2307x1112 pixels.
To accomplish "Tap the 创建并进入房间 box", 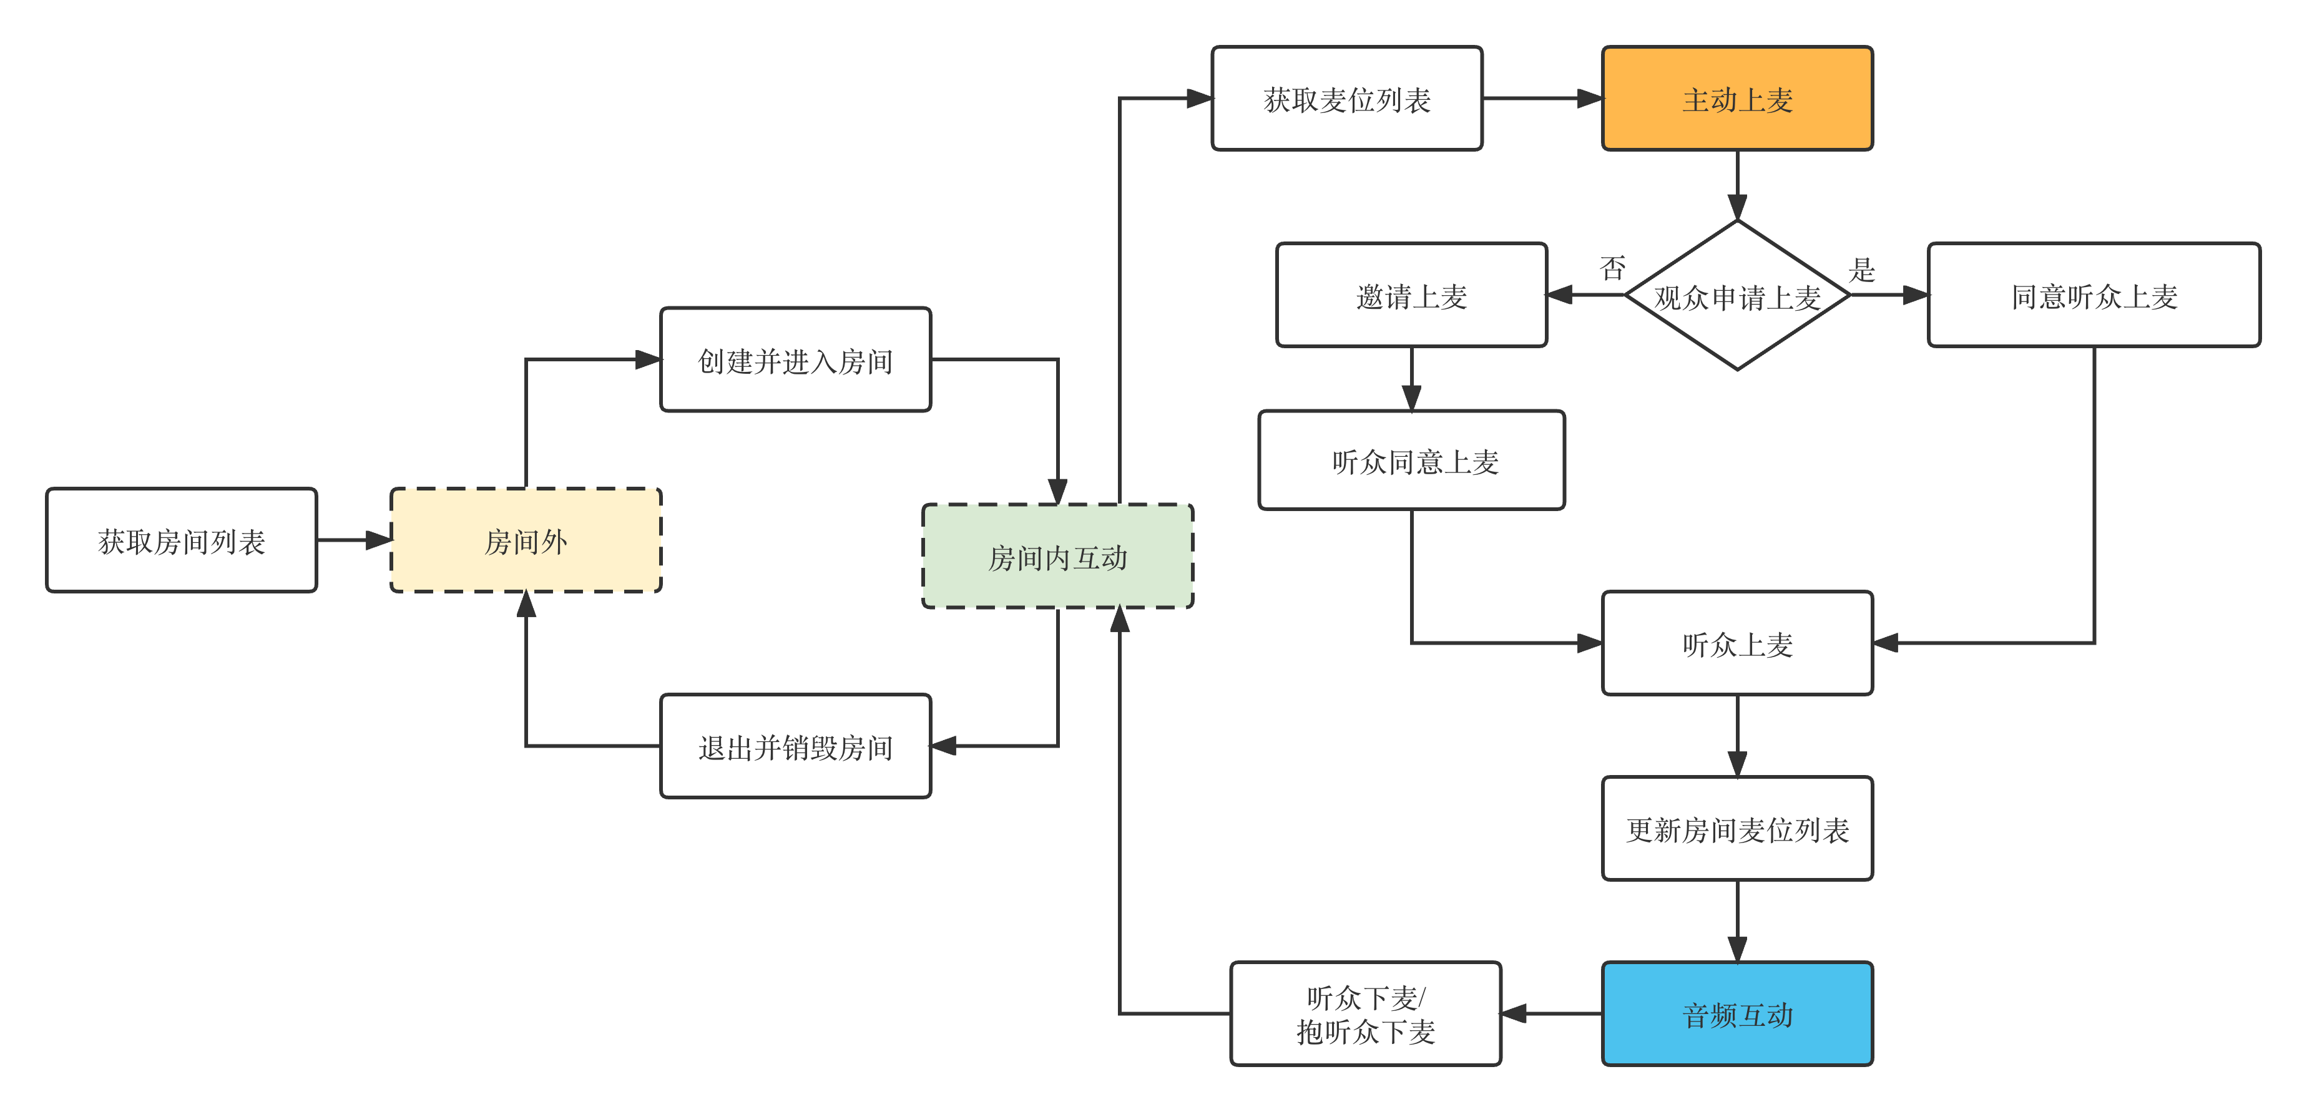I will pyautogui.click(x=795, y=360).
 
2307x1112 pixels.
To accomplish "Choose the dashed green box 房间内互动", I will pyautogui.click(x=1057, y=556).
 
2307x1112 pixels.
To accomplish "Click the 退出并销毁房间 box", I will pyautogui.click(x=795, y=746).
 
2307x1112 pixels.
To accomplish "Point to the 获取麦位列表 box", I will pyautogui.click(x=1347, y=99).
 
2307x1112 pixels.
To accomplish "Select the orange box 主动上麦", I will pyautogui.click(x=1737, y=99).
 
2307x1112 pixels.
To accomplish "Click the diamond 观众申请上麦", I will pyautogui.click(x=1737, y=295).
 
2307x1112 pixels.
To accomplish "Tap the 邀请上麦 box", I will pyautogui.click(x=1411, y=295).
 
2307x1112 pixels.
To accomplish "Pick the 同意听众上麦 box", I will pyautogui.click(x=2094, y=295).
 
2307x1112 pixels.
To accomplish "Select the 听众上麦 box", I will pyautogui.click(x=1737, y=643).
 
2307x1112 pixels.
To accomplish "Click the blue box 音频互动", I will pyautogui.click(x=1737, y=1013).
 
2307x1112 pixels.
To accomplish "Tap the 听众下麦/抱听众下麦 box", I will pyautogui.click(x=1366, y=1013).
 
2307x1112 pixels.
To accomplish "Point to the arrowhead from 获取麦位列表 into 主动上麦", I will pyautogui.click(x=1590, y=99).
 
